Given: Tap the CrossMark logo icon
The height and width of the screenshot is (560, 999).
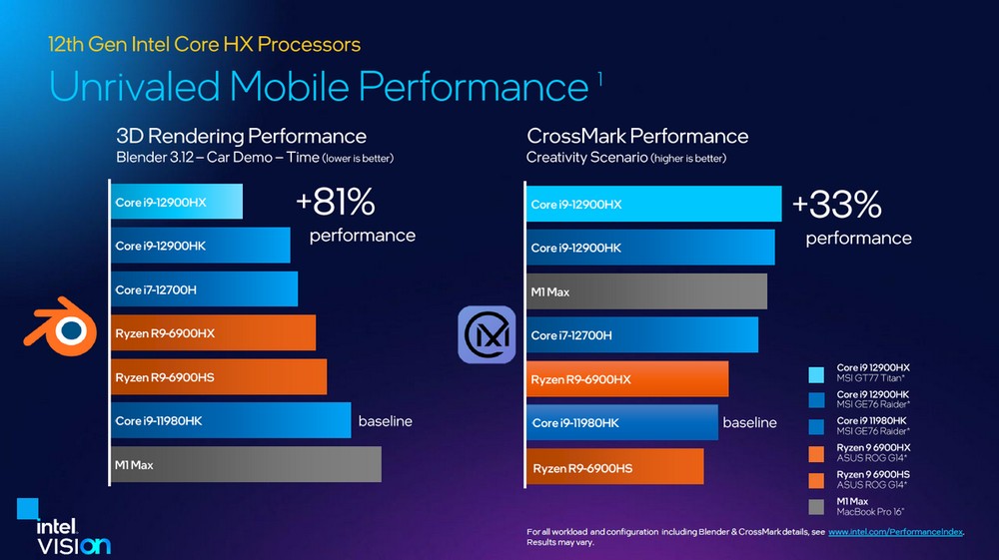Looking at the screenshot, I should click(x=487, y=334).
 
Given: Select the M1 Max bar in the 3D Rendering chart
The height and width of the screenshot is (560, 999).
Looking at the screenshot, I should click(x=246, y=464).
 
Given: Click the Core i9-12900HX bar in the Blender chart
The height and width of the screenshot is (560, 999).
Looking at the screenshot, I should click(x=176, y=203).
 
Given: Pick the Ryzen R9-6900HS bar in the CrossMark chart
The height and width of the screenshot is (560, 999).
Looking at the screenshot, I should click(x=614, y=467).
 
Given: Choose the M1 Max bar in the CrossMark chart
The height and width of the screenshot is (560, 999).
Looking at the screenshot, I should click(x=646, y=291).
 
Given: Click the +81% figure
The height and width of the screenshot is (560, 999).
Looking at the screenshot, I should click(x=335, y=204).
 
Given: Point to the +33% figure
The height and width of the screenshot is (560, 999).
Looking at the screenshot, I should click(x=836, y=205).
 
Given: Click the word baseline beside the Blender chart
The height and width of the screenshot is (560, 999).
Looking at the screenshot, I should click(x=385, y=421).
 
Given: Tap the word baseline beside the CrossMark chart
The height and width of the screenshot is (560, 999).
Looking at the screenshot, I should click(x=749, y=422).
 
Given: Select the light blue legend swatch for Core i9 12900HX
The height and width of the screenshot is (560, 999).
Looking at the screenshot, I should click(x=816, y=373).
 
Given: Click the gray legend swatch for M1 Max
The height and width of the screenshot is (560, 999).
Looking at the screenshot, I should click(x=816, y=506).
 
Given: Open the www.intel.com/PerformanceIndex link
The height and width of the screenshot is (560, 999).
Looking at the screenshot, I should click(x=895, y=532).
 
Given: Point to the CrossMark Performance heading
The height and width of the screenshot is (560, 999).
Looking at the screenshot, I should click(x=637, y=136).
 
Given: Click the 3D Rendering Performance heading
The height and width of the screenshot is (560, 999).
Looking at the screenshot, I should click(x=241, y=136).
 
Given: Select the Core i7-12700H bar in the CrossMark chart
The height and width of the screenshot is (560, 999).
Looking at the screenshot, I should click(x=641, y=335).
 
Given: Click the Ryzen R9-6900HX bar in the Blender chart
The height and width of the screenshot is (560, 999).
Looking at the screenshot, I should click(x=213, y=332).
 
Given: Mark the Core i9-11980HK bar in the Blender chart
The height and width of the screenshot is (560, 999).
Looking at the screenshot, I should click(x=230, y=421).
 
